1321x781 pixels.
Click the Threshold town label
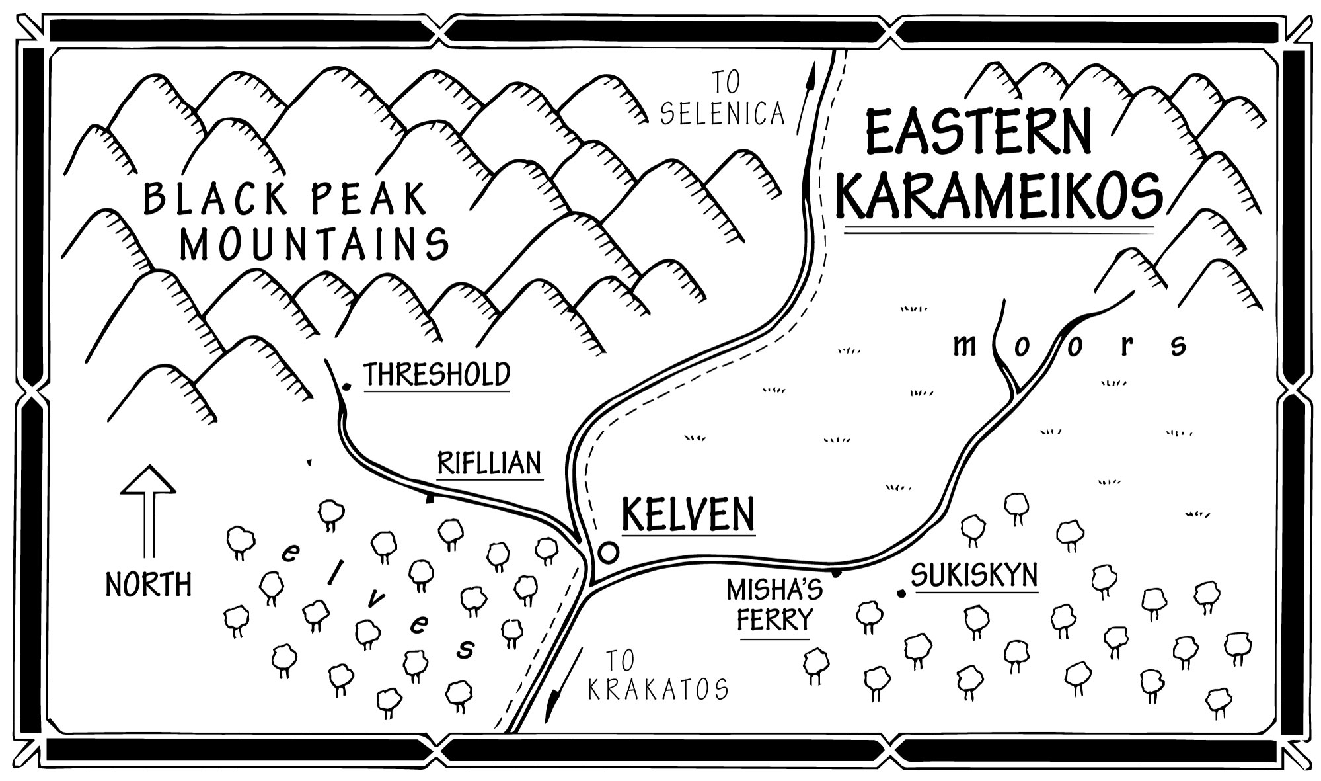click(437, 374)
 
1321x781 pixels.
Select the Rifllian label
click(490, 464)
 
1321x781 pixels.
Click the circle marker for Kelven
click(608, 551)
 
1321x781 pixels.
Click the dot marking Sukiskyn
click(901, 593)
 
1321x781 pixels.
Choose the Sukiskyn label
click(974, 575)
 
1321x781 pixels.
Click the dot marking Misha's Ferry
click(835, 573)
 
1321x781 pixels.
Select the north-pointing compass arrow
click(148, 509)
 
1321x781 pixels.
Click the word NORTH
click(149, 585)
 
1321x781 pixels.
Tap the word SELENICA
click(722, 114)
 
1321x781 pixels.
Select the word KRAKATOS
click(658, 690)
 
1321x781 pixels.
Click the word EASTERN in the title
click(978, 134)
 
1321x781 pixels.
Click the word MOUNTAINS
click(315, 244)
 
